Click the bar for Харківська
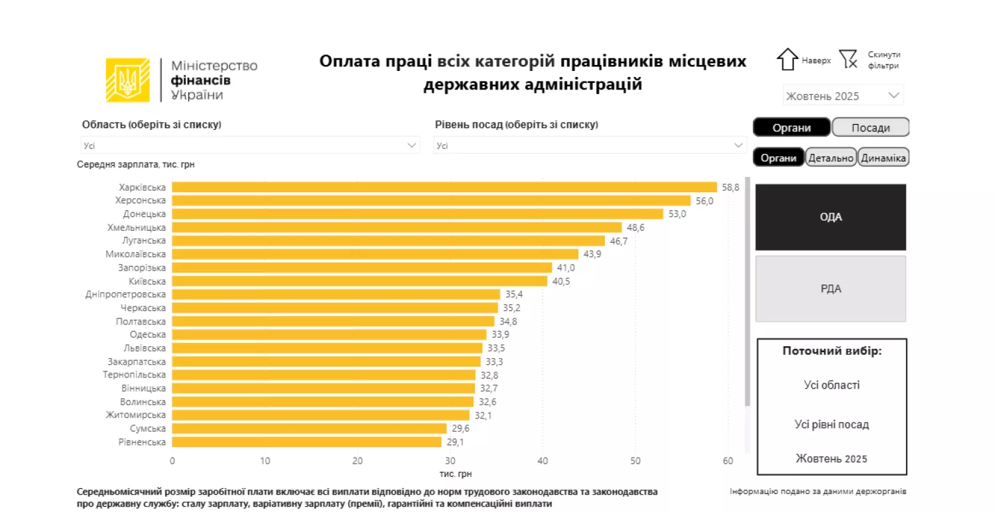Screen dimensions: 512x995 [x=444, y=187]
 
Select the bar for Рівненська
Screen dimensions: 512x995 [x=306, y=442]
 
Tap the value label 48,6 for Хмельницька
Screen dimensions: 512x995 [x=635, y=227]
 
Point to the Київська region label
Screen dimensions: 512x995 [x=147, y=281]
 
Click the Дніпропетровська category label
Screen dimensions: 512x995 [x=126, y=294]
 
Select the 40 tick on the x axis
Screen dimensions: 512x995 [x=543, y=461]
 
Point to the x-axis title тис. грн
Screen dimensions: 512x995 [x=456, y=474]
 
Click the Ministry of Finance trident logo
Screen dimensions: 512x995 [x=127, y=80]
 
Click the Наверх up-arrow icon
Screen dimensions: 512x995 [x=787, y=60]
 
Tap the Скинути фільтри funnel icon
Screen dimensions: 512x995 [x=848, y=60]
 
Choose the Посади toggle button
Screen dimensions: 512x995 [x=870, y=128]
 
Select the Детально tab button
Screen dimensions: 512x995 [x=830, y=159]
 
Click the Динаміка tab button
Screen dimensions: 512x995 [x=883, y=159]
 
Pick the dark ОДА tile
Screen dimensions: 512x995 [x=830, y=217]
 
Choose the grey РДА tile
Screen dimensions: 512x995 [x=830, y=288]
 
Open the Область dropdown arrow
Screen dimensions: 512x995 [x=411, y=145]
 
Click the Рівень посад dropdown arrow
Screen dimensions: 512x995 [x=738, y=145]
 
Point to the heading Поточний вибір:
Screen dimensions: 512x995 [x=832, y=351]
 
